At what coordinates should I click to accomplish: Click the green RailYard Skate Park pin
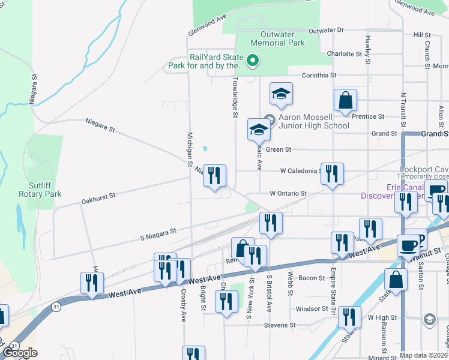253,60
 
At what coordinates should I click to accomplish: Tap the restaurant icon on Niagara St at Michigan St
214,175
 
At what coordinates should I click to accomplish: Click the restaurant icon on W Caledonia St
332,173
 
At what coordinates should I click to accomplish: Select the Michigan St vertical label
189,149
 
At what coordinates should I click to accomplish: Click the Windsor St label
312,309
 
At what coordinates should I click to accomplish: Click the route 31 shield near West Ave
56,307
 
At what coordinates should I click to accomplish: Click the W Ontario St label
288,194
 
